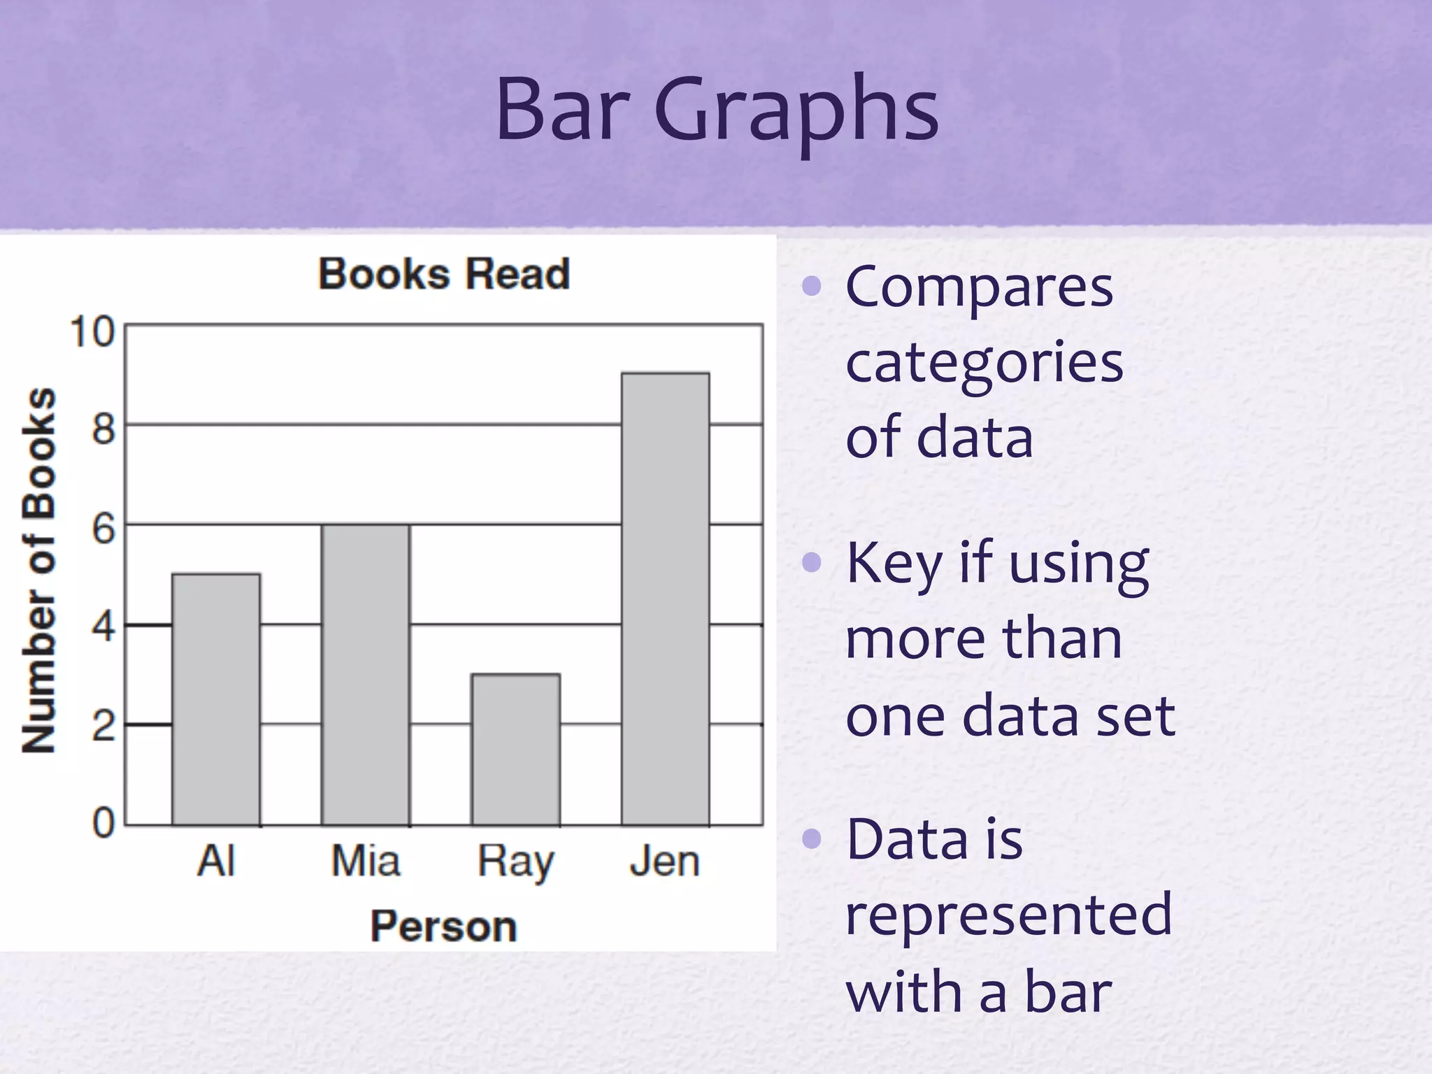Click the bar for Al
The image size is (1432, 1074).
click(x=216, y=699)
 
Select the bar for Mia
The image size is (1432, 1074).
click(x=366, y=675)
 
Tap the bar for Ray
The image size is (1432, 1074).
click(x=516, y=750)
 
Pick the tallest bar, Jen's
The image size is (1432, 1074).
click(x=666, y=599)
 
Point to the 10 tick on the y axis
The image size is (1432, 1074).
click(x=92, y=331)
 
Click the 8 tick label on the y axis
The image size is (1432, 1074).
click(x=103, y=428)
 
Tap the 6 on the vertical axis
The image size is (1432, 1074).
click(x=103, y=528)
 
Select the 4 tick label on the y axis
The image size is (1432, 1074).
click(x=103, y=627)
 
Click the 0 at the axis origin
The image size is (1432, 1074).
click(x=103, y=823)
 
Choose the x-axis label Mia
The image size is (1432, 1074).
click(x=366, y=861)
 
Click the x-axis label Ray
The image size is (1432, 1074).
click(x=516, y=862)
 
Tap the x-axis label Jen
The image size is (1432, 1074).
click(x=664, y=861)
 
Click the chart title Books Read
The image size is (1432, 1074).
click(x=444, y=273)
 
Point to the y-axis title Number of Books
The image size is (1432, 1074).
click(x=39, y=570)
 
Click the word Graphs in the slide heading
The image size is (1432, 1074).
click(x=796, y=112)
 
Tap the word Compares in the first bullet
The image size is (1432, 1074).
click(x=979, y=287)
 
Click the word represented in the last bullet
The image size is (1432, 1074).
click(x=1008, y=915)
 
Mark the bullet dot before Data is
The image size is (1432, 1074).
click(x=811, y=838)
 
